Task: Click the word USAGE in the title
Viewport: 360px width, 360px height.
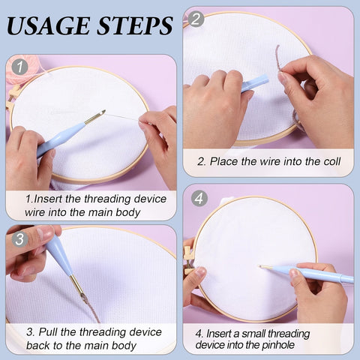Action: click(x=48, y=25)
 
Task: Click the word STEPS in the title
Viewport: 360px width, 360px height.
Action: click(x=135, y=25)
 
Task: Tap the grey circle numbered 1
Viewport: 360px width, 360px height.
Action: click(x=19, y=67)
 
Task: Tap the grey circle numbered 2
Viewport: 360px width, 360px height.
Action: click(x=196, y=19)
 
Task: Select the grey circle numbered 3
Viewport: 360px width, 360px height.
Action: click(x=19, y=239)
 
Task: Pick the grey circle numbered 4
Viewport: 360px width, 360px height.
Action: click(x=199, y=199)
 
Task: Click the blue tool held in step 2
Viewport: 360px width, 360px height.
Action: click(x=255, y=83)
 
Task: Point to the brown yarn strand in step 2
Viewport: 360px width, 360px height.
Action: click(x=279, y=58)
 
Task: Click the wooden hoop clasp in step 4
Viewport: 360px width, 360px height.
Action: click(x=188, y=260)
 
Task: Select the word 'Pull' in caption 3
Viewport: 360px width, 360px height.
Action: click(x=49, y=332)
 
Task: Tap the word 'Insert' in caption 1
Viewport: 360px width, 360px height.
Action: click(x=48, y=199)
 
